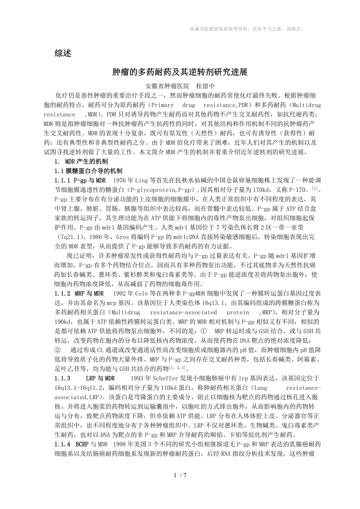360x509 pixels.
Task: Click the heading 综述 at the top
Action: (63, 54)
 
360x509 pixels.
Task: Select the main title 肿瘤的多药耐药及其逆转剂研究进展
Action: (180, 72)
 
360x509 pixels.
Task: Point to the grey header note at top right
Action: (247, 29)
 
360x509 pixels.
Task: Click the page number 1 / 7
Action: (180, 486)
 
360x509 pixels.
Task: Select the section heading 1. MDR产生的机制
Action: (81, 161)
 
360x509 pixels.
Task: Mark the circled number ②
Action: (58, 349)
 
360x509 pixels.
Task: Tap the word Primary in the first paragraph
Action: (162, 105)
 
